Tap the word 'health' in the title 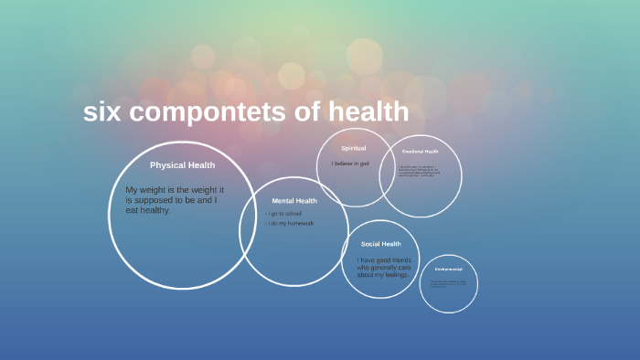coord(365,111)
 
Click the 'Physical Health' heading coord(182,165)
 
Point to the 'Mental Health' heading coord(294,200)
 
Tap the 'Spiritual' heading coord(353,148)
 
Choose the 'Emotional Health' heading coord(421,152)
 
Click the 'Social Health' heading coord(380,244)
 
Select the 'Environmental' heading coord(448,269)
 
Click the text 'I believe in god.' coord(350,163)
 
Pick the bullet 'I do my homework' coord(291,223)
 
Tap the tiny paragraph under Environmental coord(448,283)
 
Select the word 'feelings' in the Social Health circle coord(395,274)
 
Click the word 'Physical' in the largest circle coord(167,165)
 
